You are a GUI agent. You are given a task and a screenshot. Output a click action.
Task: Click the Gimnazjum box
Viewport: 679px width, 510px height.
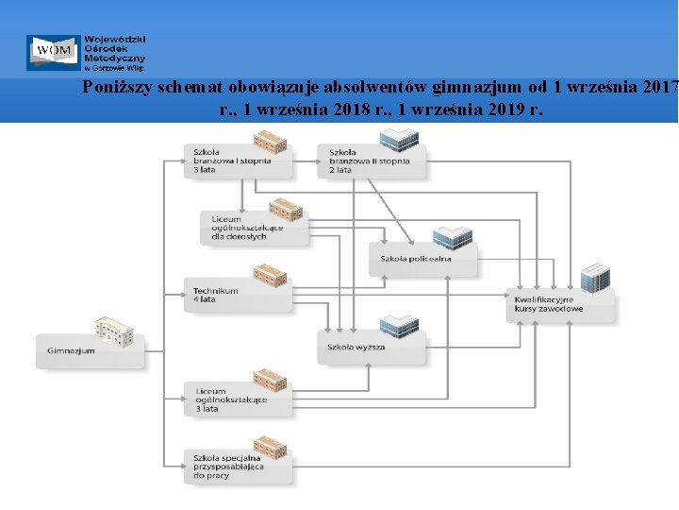pos(91,350)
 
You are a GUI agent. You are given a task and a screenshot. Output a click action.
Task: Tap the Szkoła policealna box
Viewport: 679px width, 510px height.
pos(422,258)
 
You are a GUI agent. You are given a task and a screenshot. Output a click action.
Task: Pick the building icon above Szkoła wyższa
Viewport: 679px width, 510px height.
pos(398,327)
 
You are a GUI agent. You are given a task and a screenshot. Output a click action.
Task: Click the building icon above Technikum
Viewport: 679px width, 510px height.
pos(270,275)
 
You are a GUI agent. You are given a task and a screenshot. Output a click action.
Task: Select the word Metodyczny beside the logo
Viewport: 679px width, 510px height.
pos(113,58)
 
